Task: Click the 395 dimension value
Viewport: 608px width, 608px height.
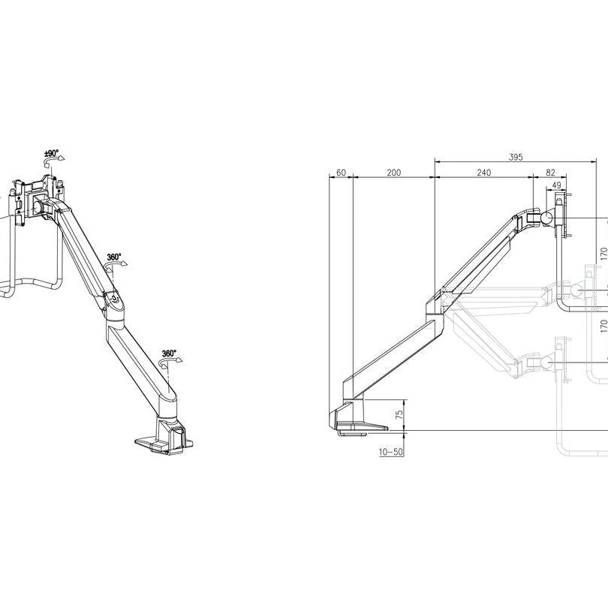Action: coord(515,157)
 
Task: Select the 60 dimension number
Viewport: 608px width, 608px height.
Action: coord(341,173)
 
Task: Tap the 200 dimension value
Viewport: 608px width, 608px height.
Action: coord(393,173)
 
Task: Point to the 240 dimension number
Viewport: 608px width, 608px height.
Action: coord(483,173)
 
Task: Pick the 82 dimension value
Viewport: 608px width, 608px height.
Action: coord(550,173)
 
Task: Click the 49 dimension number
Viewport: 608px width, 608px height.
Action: coord(556,185)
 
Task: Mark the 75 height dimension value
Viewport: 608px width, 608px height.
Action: coord(399,414)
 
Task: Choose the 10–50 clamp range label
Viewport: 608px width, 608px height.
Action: coord(391,453)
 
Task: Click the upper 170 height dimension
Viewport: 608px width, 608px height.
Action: coord(603,254)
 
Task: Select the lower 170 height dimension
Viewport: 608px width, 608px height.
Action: coord(603,326)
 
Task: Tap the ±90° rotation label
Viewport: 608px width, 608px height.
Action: coord(51,153)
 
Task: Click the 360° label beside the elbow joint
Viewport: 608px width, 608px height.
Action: coord(113,257)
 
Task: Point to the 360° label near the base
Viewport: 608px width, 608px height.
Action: coord(169,353)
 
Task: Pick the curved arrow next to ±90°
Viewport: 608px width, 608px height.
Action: coord(59,160)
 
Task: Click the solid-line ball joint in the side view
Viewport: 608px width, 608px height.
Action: coord(546,215)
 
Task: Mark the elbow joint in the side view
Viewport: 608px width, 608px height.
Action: coord(438,301)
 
